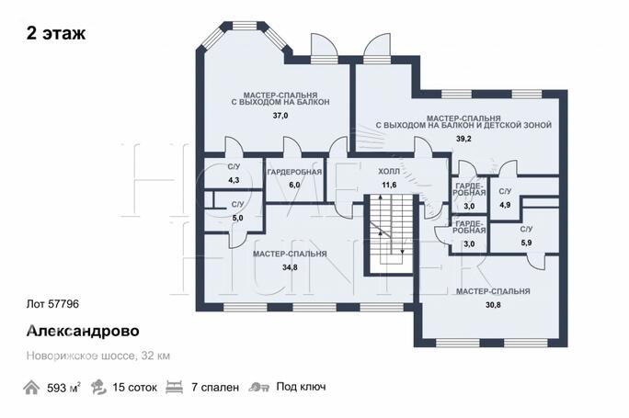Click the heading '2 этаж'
click(56, 33)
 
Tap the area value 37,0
click(280, 116)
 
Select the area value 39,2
click(463, 139)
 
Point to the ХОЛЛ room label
click(389, 172)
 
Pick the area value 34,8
click(290, 267)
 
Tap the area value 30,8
click(493, 305)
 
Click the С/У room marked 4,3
click(234, 173)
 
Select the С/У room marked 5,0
click(236, 211)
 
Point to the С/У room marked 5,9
click(525, 236)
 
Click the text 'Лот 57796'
click(52, 304)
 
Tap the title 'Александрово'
click(83, 331)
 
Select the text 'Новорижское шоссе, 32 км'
click(98, 356)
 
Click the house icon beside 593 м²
click(31, 388)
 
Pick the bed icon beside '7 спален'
click(174, 387)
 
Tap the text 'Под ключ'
click(301, 387)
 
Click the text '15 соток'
click(135, 388)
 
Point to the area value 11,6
click(389, 186)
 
